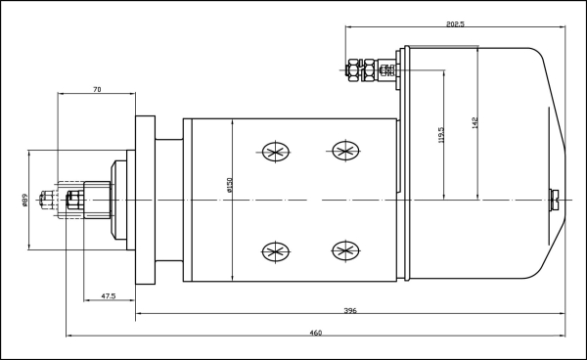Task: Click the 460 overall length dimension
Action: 315,333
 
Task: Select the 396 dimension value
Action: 349,310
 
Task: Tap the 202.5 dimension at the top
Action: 454,23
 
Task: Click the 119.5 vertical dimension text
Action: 442,134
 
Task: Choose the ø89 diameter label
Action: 24,200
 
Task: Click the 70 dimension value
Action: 97,89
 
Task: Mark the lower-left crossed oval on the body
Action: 273,251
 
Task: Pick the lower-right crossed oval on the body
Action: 344,251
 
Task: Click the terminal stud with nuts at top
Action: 372,69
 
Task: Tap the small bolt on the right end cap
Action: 555,200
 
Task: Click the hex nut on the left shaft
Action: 74,200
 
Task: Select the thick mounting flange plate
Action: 145,200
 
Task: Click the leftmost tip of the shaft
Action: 40,200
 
